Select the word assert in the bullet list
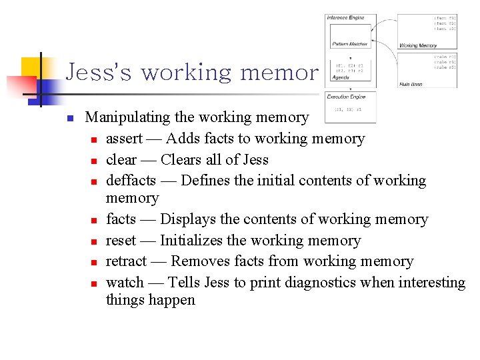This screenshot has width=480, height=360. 124,139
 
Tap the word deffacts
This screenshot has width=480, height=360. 131,181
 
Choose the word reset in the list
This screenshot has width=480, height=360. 121,241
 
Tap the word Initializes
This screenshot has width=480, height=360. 193,241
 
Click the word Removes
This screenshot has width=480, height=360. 197,261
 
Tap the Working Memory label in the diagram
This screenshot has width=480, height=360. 418,45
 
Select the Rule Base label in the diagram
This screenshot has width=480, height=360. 411,85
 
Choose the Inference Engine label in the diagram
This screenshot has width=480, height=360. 346,17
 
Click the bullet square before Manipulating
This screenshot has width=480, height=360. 69,119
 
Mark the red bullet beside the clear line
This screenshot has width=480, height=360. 95,161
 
